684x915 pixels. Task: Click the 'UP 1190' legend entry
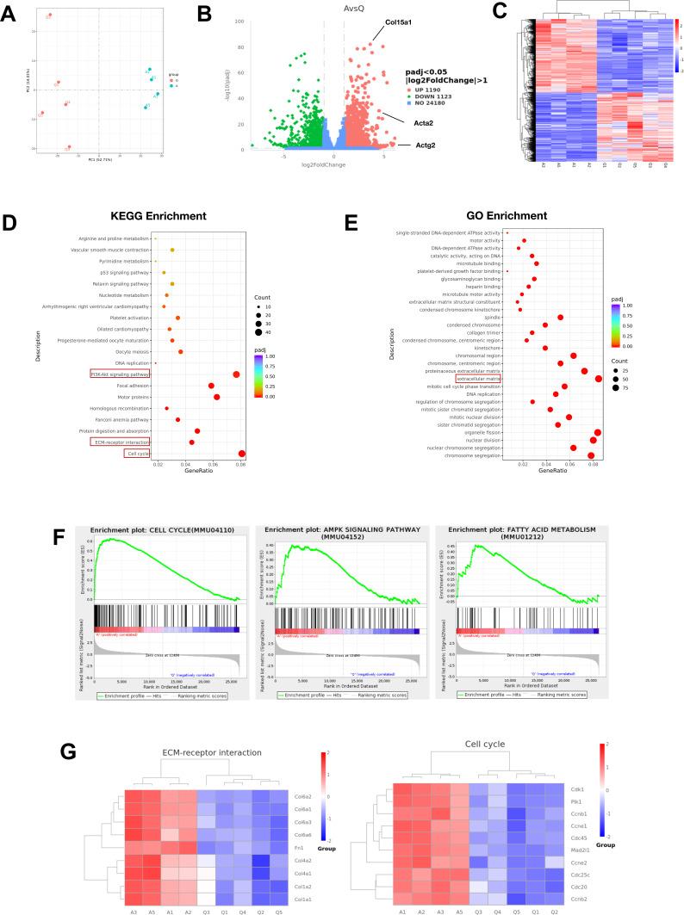(423, 90)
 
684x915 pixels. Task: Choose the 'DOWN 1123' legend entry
(427, 98)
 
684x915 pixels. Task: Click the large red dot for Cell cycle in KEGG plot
(242, 454)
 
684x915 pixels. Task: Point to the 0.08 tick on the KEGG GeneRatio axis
(241, 465)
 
